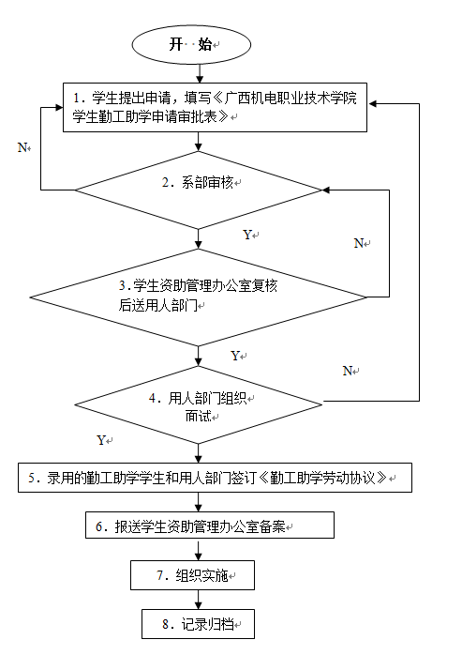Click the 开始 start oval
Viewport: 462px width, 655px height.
pyautogui.click(x=191, y=45)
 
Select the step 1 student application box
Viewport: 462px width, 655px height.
pyautogui.click(x=215, y=107)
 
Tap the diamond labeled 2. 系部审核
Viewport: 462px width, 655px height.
pyautogui.click(x=199, y=190)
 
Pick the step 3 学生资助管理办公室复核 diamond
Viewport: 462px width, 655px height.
pyautogui.click(x=199, y=297)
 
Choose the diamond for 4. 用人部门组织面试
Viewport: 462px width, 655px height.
pyautogui.click(x=199, y=404)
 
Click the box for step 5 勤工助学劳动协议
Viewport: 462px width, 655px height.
pyautogui.click(x=215, y=478)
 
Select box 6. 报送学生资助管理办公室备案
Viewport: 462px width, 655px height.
pyautogui.click(x=210, y=526)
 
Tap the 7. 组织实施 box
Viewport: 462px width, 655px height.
pyautogui.click(x=192, y=575)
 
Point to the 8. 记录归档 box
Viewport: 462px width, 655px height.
pyautogui.click(x=199, y=624)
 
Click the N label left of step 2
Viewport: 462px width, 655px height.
pyautogui.click(x=22, y=147)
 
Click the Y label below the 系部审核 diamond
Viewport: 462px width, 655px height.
pyautogui.click(x=248, y=235)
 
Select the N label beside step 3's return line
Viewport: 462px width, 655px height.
pyautogui.click(x=359, y=243)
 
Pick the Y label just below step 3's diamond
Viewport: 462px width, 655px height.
pyautogui.click(x=235, y=356)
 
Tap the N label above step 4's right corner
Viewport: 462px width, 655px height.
pyautogui.click(x=348, y=371)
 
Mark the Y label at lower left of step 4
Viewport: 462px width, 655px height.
pyautogui.click(x=101, y=440)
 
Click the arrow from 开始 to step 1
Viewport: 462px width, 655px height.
pyautogui.click(x=200, y=73)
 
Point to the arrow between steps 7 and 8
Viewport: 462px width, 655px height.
pyautogui.click(x=199, y=600)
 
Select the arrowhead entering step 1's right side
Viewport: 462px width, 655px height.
pyautogui.click(x=371, y=103)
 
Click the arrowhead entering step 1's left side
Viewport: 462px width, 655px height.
pyautogui.click(x=59, y=108)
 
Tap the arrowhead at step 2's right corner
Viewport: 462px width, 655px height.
pyautogui.click(x=327, y=190)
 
